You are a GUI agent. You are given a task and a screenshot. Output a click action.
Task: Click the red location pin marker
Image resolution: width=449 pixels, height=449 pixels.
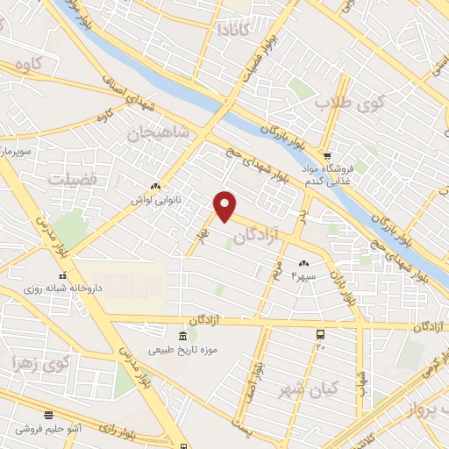[x=225, y=205]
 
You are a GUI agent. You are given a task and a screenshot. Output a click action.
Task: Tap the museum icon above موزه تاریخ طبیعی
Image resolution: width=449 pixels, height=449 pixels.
[x=182, y=337]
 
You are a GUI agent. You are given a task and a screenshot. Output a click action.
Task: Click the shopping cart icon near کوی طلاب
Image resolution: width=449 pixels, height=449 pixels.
[x=328, y=154]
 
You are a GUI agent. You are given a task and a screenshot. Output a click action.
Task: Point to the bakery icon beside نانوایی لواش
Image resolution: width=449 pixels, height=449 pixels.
[x=156, y=186]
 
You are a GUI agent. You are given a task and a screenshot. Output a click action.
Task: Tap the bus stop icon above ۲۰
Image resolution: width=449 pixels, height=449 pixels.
[x=321, y=334]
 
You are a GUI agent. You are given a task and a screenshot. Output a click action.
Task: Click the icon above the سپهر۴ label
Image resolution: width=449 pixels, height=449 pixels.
[x=305, y=263]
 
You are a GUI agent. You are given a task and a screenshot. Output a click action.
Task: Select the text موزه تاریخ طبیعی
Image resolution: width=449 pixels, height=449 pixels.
[x=182, y=352]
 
